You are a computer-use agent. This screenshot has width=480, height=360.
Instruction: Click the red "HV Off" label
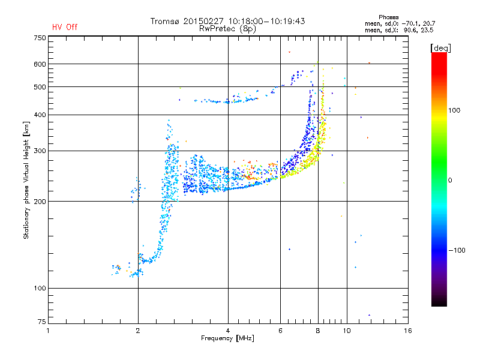pyautogui.click(x=65, y=27)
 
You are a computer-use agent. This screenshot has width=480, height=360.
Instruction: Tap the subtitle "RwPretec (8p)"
pyautogui.click(x=227, y=29)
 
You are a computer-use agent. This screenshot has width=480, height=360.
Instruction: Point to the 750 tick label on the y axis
pyautogui.click(x=40, y=38)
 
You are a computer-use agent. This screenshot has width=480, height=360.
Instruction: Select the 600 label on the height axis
pyautogui.click(x=40, y=64)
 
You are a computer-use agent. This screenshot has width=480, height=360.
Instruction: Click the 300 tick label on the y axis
pyautogui.click(x=40, y=151)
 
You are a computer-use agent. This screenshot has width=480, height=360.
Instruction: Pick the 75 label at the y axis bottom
pyautogui.click(x=42, y=322)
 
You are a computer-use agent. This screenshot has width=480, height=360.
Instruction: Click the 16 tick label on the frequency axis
pyautogui.click(x=408, y=331)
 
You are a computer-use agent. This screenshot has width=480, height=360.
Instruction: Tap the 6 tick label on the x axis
pyautogui.click(x=280, y=331)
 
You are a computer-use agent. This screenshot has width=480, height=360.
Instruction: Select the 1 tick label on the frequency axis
pyautogui.click(x=48, y=331)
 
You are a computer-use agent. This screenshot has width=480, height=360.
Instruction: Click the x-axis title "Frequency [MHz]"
pyautogui.click(x=227, y=338)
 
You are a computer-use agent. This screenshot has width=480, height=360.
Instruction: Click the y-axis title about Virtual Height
pyautogui.click(x=26, y=181)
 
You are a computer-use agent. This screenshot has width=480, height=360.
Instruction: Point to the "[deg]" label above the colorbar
pyautogui.click(x=440, y=48)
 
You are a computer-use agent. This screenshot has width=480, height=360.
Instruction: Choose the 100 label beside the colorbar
pyautogui.click(x=454, y=110)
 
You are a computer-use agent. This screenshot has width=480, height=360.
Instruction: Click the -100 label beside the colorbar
pyautogui.click(x=457, y=250)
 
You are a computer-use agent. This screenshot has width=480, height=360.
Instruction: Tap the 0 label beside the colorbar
pyautogui.click(x=450, y=181)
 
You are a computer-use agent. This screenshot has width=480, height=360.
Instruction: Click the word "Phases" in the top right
pyautogui.click(x=388, y=17)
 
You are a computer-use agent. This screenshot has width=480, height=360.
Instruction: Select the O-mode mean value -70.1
pyautogui.click(x=409, y=23)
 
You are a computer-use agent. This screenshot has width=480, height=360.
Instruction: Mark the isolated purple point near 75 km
pyautogui.click(x=369, y=315)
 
